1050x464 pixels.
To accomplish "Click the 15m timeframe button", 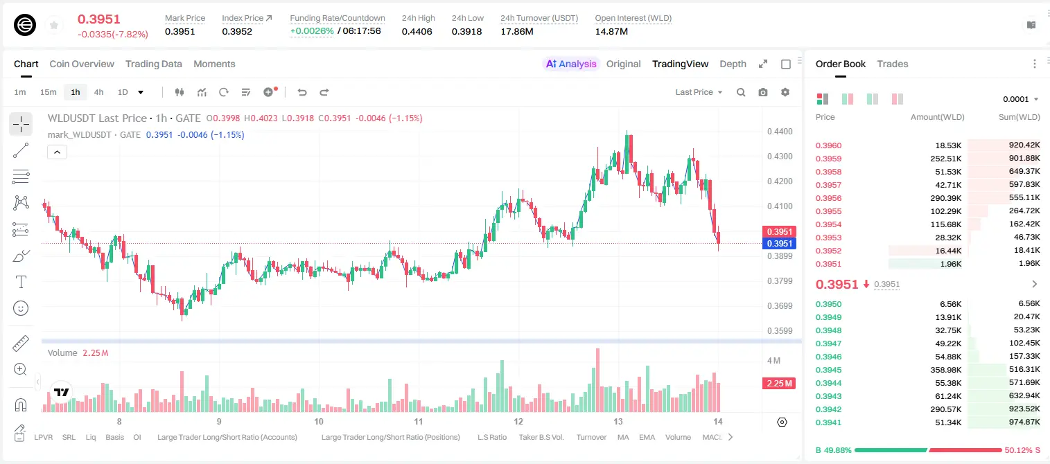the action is coord(48,92).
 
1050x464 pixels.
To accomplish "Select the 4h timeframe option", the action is coord(98,92).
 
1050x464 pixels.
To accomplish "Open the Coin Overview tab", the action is coord(82,64).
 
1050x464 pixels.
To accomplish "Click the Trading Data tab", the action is coord(153,64).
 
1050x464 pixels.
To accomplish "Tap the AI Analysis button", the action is coord(571,64).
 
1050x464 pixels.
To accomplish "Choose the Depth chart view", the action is coord(733,64).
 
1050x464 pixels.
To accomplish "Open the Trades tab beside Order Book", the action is coord(893,64).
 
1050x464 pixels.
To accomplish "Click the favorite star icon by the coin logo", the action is coord(54,25).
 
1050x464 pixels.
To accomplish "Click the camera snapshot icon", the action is coord(763,92).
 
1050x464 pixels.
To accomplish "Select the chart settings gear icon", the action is coord(785,92).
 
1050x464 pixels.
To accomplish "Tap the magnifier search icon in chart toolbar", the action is coord(741,92).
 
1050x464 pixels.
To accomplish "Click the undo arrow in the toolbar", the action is coord(302,92).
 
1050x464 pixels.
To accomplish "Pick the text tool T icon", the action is coord(21,282).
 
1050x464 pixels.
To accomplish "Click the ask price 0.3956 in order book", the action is coord(828,198).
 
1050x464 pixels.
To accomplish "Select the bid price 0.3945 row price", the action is coord(828,370).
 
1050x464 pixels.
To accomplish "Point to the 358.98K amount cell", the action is coord(945,370).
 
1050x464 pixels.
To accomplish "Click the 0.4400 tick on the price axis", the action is coord(780,132).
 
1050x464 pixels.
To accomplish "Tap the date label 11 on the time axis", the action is coord(418,421).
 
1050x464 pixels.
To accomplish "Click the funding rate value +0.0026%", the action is coord(312,31).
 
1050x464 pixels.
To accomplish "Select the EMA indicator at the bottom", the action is coord(647,437).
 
